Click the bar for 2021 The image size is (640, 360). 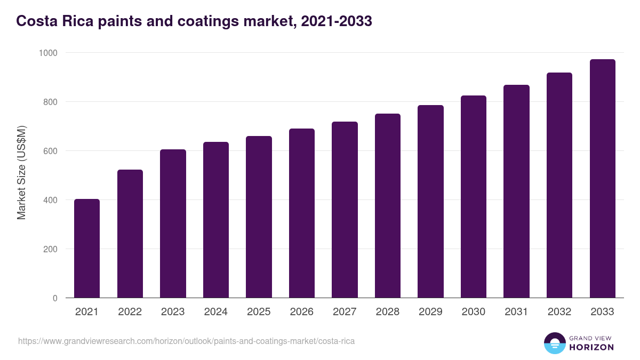click(87, 249)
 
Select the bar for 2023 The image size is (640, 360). click(173, 224)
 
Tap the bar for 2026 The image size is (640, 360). click(302, 213)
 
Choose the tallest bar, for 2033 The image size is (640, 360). click(602, 179)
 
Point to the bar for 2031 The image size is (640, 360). click(516, 191)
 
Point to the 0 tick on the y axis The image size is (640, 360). click(55, 298)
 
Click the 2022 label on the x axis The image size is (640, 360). click(130, 312)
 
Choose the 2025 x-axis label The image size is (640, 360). click(259, 312)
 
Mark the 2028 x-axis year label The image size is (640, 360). click(387, 312)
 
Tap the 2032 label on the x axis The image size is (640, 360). click(559, 312)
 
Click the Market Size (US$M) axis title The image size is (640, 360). click(21, 172)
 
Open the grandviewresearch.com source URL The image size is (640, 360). click(186, 341)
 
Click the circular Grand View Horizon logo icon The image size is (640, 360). click(554, 343)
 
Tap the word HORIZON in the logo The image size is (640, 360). click(591, 347)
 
